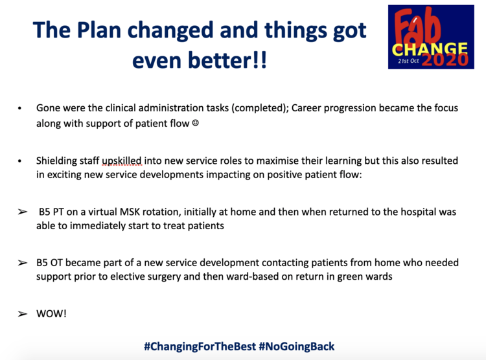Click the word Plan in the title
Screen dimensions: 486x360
pos(99,30)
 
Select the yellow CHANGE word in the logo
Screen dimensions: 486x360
pos(430,50)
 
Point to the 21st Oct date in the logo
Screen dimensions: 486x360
pos(408,61)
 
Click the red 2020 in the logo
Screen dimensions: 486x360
pos(445,60)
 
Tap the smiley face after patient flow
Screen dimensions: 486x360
pos(195,123)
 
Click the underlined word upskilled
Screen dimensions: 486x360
pos(122,161)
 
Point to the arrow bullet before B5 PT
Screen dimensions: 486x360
pos(22,212)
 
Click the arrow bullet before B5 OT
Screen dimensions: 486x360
pos(22,263)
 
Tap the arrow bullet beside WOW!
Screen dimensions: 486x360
pos(22,314)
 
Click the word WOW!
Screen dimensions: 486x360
pos(51,314)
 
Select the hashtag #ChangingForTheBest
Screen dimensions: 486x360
pos(200,346)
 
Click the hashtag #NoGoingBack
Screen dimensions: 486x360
pos(297,346)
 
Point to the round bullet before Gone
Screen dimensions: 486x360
pos(19,108)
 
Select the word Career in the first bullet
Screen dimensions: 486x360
pos(307,108)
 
